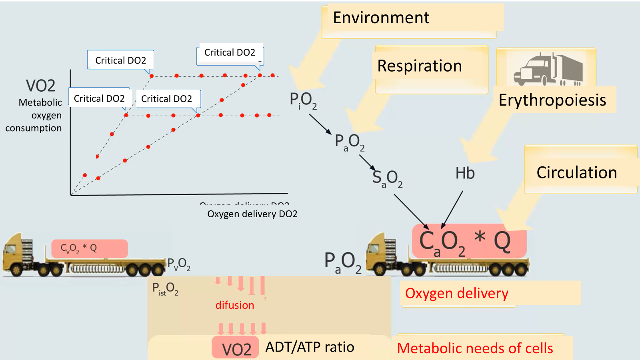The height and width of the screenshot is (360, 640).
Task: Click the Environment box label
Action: point(381,18)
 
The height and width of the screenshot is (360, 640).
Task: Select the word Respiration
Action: point(420,66)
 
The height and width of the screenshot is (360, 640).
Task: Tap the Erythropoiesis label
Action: point(552,100)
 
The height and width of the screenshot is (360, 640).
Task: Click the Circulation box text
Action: point(576,173)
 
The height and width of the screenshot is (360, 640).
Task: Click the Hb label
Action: point(465,173)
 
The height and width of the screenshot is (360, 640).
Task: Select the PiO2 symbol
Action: point(303,100)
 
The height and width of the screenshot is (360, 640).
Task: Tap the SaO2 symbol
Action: point(387,178)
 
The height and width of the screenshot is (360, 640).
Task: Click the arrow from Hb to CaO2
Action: point(452,209)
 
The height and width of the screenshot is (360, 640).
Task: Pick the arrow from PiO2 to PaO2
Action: point(320,124)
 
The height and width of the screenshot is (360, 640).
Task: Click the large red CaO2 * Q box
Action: point(469,241)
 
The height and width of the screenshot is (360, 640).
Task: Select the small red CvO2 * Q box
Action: point(89,248)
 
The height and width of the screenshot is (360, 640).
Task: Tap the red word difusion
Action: point(235,305)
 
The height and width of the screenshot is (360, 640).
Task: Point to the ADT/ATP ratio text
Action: point(310,347)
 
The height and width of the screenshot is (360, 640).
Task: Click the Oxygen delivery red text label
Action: point(456,294)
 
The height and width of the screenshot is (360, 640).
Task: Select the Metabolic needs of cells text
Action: point(475,348)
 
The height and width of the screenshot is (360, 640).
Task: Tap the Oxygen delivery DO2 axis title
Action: point(252,214)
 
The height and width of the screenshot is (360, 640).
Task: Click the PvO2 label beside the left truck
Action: point(178,264)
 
